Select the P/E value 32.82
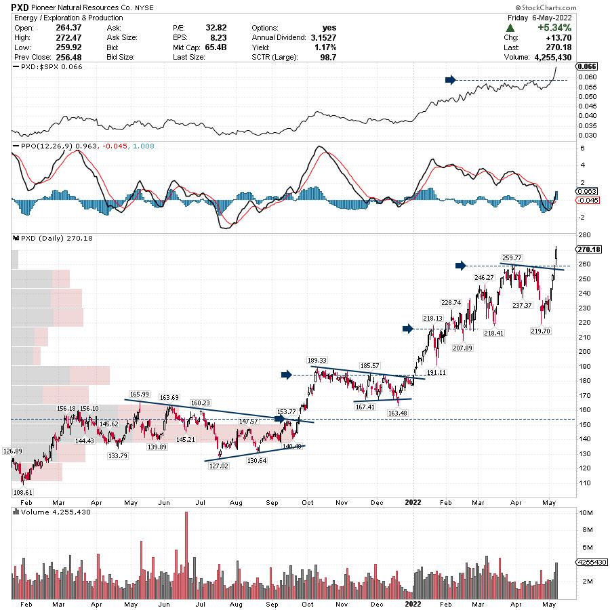point(216,28)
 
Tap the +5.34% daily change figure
point(554,28)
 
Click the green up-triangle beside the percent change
point(510,28)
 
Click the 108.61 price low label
point(23,492)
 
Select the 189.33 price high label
point(317,361)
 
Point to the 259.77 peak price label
point(510,258)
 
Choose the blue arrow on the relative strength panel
point(449,80)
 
